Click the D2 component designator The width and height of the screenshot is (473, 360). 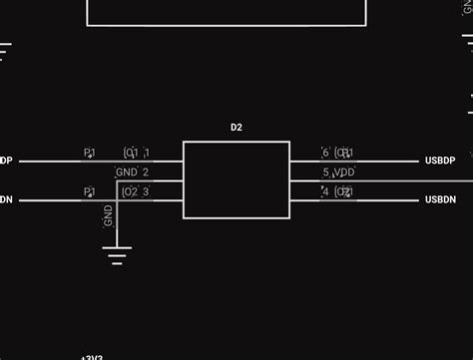pos(236,127)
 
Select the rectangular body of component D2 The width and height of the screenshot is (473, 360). pos(236,180)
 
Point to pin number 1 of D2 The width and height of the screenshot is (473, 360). pos(147,153)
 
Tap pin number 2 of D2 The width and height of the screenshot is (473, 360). pos(146,173)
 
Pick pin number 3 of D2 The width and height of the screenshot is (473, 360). pos(146,191)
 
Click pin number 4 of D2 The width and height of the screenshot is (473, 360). pos(325,191)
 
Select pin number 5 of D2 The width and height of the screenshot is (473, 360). pos(325,173)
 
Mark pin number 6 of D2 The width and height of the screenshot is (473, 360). pos(325,153)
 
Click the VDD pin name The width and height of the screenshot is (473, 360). pos(344,173)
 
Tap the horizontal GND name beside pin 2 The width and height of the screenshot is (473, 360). pos(127,173)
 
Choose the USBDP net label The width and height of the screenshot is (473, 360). pos(440,161)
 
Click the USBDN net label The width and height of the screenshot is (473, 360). pos(440,200)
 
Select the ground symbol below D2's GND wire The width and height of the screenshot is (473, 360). pos(118,257)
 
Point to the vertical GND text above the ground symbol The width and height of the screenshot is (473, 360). pos(109,216)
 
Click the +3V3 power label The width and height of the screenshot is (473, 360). pos(92,356)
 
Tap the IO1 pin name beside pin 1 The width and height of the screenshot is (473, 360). pos(130,153)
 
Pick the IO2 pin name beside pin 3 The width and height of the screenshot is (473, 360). pos(130,191)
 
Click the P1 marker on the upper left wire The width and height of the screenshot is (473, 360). pos(89,153)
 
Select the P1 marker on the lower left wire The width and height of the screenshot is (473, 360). pos(89,191)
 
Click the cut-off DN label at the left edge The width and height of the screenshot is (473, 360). pos(6,200)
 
